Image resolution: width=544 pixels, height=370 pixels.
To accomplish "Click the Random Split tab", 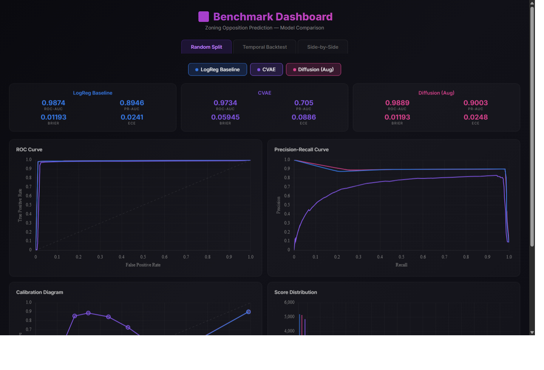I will [x=206, y=47].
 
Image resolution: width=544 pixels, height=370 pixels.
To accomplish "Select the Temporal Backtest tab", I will [x=264, y=47].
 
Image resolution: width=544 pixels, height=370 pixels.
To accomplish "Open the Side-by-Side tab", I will [x=323, y=47].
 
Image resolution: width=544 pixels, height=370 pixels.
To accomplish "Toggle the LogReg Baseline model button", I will [x=218, y=69].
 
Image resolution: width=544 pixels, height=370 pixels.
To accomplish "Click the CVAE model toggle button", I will [x=266, y=69].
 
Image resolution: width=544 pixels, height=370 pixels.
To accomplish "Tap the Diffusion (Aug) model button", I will [x=314, y=69].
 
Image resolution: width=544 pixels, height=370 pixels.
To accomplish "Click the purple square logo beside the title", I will [x=204, y=17].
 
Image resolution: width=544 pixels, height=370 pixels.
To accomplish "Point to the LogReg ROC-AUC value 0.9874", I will [x=53, y=103].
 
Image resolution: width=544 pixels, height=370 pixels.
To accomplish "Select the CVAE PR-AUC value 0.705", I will [x=304, y=103].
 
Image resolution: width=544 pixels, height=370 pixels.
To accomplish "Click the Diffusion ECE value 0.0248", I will [x=476, y=117].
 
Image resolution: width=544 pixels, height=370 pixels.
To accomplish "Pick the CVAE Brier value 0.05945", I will [x=225, y=117].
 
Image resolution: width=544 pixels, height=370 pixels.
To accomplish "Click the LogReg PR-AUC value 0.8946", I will [x=132, y=103].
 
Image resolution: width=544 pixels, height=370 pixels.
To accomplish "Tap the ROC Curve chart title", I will [x=29, y=150].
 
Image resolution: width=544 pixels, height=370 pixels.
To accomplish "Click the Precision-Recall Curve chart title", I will [x=301, y=150].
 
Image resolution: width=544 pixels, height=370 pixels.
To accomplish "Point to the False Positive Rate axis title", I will [x=143, y=265].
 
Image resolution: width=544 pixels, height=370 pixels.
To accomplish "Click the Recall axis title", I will [x=401, y=265].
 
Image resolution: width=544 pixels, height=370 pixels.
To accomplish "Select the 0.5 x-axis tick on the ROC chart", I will [x=143, y=257].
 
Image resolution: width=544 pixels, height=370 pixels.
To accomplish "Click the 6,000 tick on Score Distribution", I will [x=289, y=302].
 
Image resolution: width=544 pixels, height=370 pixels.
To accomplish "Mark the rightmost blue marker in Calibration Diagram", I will [x=249, y=312].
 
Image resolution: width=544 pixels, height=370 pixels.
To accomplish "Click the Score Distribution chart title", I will [x=295, y=292].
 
